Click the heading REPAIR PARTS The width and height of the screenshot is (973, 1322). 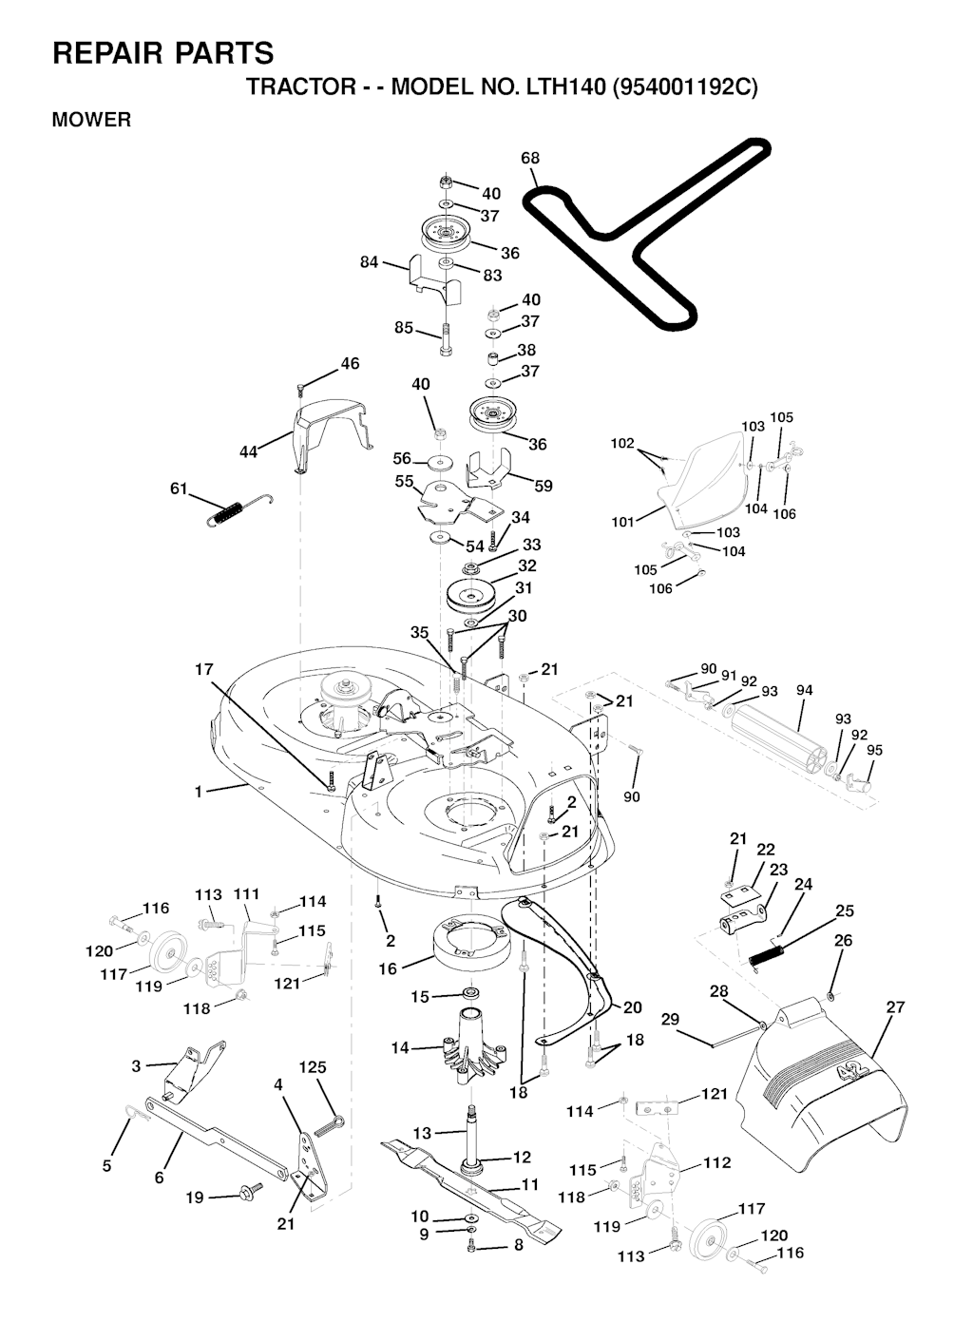(x=162, y=53)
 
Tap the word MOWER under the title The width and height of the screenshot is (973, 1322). (x=91, y=121)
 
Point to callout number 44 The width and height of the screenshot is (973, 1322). (x=248, y=452)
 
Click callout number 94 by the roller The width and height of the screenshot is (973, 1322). (x=805, y=691)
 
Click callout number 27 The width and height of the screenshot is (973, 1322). (x=895, y=1007)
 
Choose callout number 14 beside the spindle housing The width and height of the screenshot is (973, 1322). (x=400, y=1047)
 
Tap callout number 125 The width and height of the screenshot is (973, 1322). (x=314, y=1067)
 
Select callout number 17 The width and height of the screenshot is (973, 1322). (x=204, y=670)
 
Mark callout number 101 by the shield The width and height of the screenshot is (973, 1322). (x=622, y=522)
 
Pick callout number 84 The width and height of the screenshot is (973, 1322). (x=370, y=262)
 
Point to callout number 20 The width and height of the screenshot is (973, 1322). (x=633, y=1007)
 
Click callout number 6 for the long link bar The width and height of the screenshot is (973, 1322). (x=159, y=1178)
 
